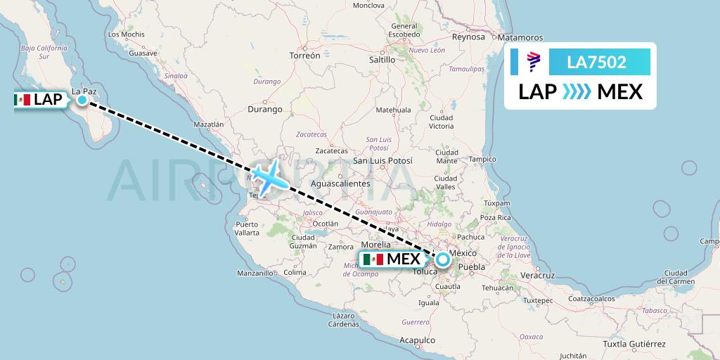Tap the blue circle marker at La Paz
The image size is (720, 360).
82,100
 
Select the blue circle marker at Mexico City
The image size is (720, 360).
443,259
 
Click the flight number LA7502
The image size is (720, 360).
596,63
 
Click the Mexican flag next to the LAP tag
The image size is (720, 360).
23,100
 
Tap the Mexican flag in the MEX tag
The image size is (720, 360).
375,259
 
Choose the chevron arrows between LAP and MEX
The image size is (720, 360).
577,92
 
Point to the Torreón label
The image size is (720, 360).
304,55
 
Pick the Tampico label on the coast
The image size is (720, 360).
483,159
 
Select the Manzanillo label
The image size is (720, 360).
255,273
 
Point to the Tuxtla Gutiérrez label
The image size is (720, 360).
634,345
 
